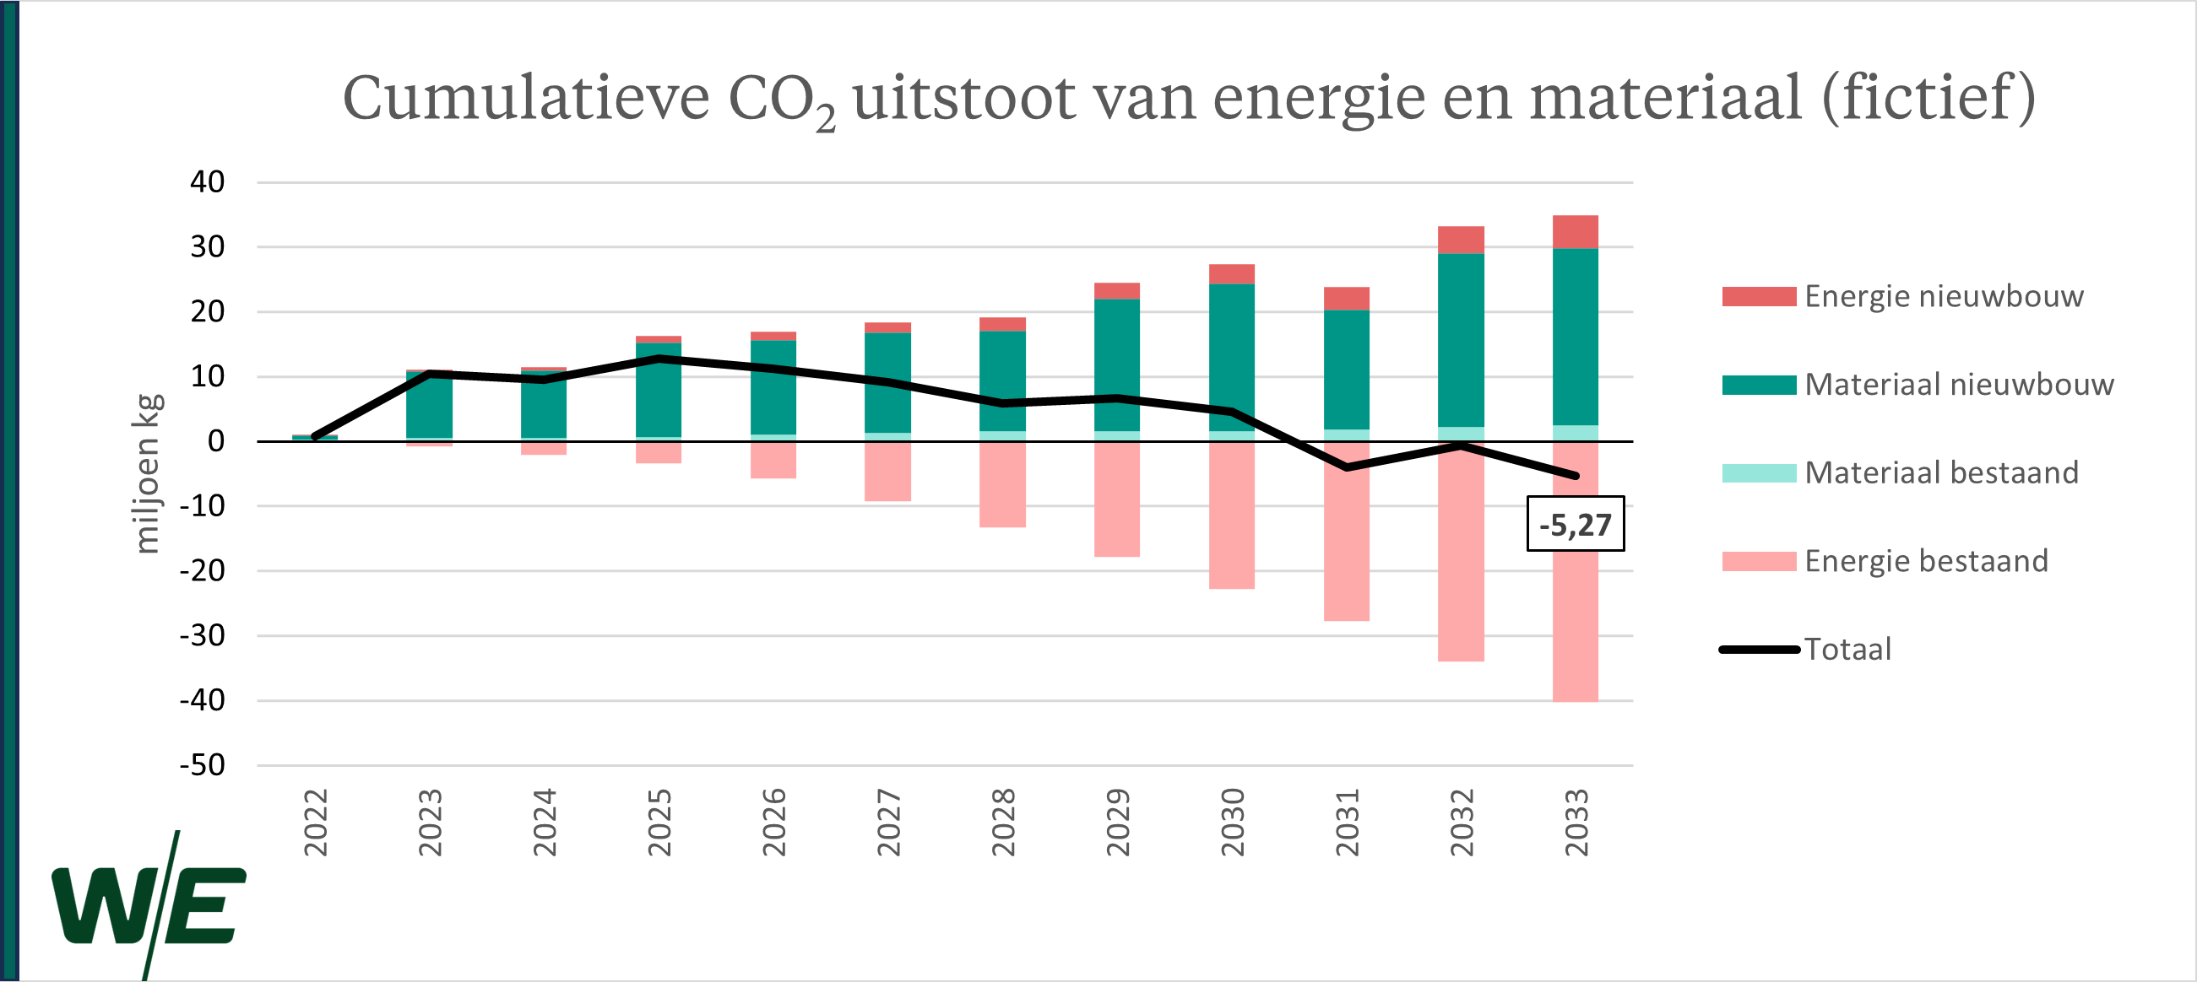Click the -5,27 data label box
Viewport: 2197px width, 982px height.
click(x=1575, y=524)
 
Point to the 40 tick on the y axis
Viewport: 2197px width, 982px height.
click(x=207, y=182)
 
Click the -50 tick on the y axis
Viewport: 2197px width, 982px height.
click(x=202, y=765)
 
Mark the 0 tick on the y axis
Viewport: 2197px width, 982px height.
click(x=216, y=441)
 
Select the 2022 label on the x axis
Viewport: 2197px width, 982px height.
click(x=316, y=823)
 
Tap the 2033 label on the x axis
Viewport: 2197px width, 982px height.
click(x=1576, y=823)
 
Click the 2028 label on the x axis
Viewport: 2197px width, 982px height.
click(x=1003, y=823)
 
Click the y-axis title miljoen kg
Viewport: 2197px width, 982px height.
click(x=147, y=474)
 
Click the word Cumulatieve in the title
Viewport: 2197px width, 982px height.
click(x=525, y=97)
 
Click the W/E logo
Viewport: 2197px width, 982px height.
click(x=150, y=905)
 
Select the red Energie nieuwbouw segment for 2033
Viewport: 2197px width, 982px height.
click(x=1576, y=232)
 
